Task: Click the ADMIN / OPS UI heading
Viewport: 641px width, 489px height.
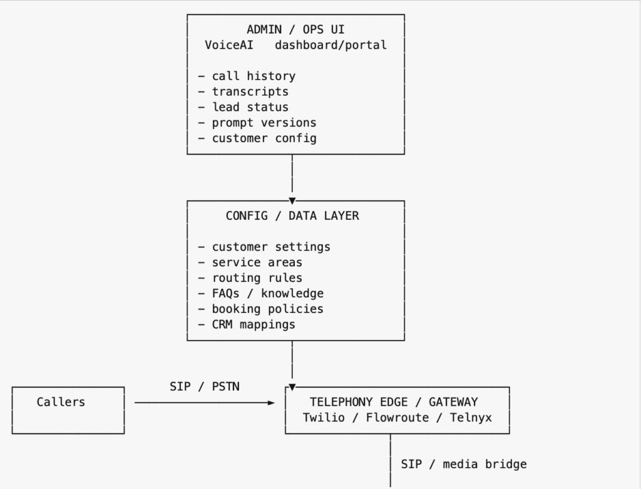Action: point(295,29)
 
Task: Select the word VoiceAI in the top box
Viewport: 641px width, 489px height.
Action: point(229,45)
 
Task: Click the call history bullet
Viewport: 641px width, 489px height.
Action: point(253,76)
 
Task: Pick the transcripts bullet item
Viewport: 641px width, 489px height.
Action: point(250,91)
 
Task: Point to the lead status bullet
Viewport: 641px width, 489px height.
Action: point(250,107)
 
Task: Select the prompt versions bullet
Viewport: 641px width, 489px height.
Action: point(264,123)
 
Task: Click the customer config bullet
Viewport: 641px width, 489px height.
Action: point(264,138)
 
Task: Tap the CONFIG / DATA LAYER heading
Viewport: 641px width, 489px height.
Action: point(292,216)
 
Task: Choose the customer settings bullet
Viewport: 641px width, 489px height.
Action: point(270,247)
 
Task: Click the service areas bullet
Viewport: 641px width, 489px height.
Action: point(257,262)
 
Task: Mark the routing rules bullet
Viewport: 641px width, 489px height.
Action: point(257,278)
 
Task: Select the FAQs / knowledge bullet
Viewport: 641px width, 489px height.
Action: point(267,294)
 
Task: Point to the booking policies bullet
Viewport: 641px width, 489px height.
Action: point(267,309)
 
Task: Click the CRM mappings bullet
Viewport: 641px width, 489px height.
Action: point(253,324)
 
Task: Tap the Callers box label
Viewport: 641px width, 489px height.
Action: point(61,402)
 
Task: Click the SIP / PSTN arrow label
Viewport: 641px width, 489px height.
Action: point(204,387)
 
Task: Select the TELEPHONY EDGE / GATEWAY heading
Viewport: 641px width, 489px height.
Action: point(394,402)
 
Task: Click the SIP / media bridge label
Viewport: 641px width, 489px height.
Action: point(464,464)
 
